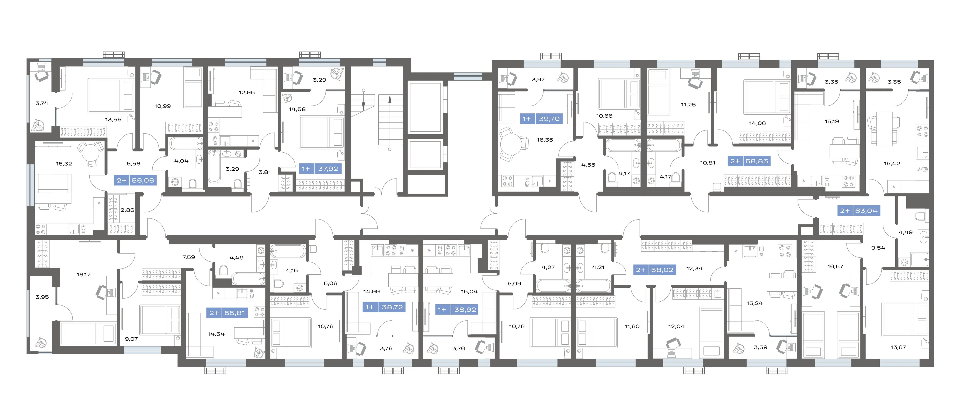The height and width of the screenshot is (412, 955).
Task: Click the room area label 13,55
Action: tap(113, 120)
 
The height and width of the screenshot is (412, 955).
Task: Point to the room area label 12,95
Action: tap(247, 93)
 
